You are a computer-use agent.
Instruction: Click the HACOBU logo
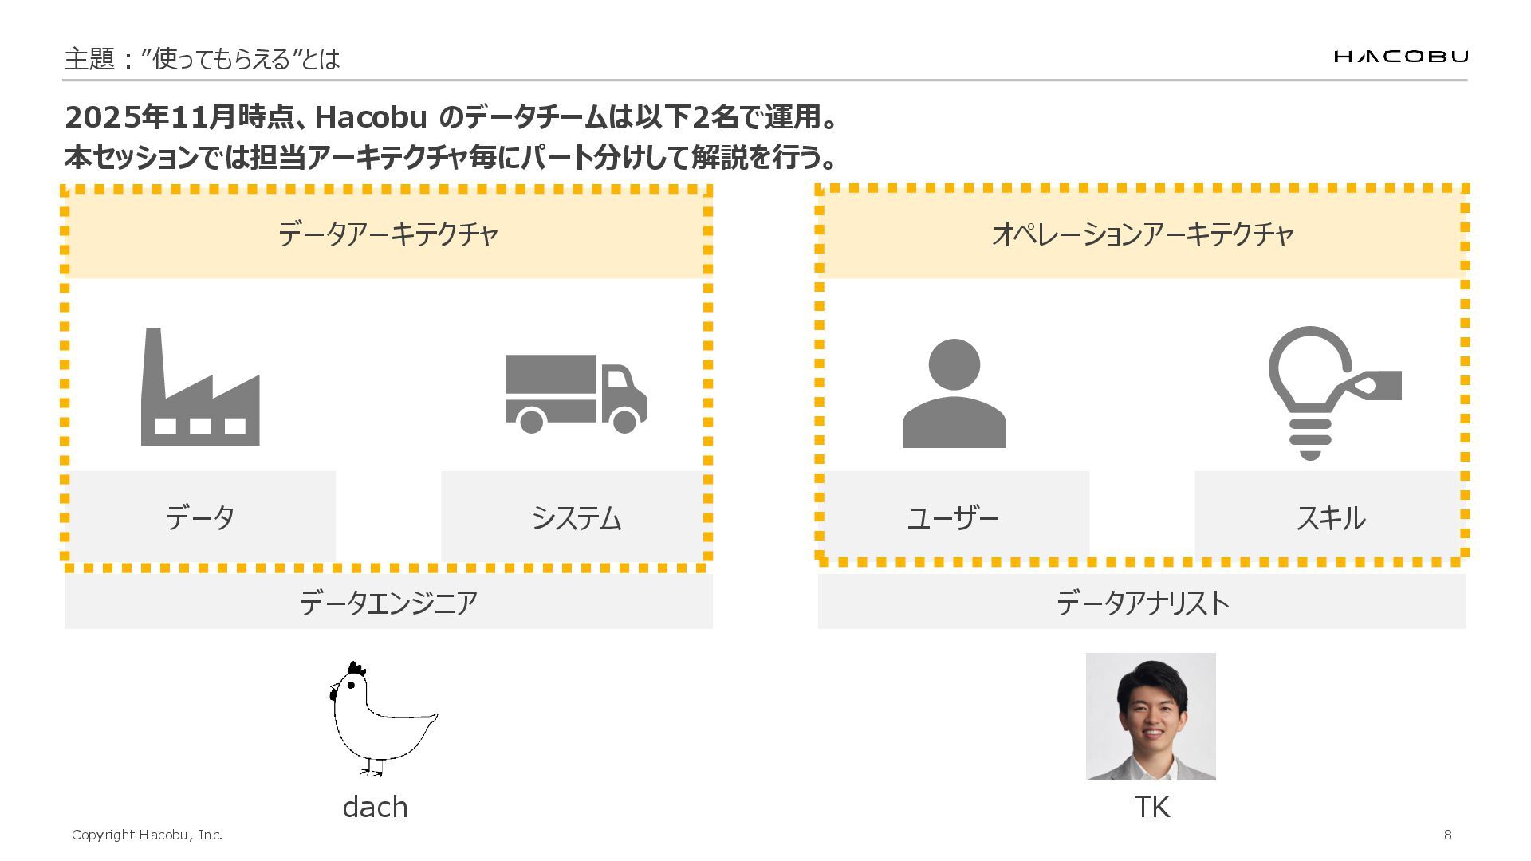click(1400, 56)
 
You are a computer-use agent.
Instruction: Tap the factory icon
click(200, 388)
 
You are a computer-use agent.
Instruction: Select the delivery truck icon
click(576, 393)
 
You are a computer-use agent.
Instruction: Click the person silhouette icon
click(954, 394)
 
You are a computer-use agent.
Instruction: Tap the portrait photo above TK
click(1151, 716)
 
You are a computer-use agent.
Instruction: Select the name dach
click(375, 807)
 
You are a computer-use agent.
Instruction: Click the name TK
click(1151, 807)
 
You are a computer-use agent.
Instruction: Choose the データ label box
click(200, 517)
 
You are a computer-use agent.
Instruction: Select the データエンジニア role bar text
click(388, 603)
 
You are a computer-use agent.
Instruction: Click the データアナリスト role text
click(1142, 603)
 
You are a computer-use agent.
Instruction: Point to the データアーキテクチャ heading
click(388, 234)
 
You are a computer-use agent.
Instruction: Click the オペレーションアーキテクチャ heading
click(1142, 234)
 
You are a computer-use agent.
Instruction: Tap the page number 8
click(1447, 835)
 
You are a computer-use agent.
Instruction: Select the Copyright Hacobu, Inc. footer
click(147, 835)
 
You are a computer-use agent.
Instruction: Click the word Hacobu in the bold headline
click(371, 117)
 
